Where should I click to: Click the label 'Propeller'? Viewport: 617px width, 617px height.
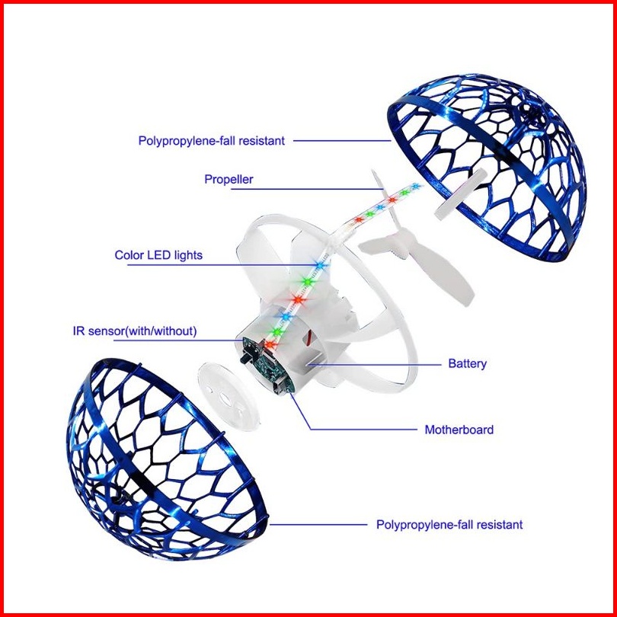tap(229, 180)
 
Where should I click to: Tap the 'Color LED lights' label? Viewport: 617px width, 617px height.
tap(158, 255)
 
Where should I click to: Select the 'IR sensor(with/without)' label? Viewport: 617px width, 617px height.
tap(135, 331)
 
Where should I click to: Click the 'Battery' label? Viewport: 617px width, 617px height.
tap(467, 364)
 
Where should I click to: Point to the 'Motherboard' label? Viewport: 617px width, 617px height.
tap(459, 430)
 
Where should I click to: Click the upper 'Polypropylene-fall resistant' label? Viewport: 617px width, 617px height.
tap(211, 141)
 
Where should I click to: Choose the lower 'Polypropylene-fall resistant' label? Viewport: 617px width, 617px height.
tap(449, 525)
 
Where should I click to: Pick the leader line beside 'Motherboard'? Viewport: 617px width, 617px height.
tap(358, 430)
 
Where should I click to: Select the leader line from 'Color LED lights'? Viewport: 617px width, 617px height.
tap(251, 265)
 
